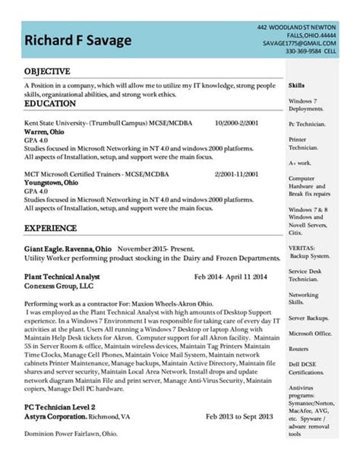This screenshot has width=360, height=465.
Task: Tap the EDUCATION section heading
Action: click(50, 103)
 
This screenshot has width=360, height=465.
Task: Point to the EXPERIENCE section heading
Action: click(51, 227)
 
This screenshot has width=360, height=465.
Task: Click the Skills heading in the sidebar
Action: click(297, 87)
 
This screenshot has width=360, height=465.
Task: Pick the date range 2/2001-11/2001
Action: click(238, 174)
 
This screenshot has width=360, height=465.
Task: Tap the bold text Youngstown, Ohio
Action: click(49, 182)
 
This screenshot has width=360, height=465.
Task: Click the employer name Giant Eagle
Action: click(44, 248)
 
